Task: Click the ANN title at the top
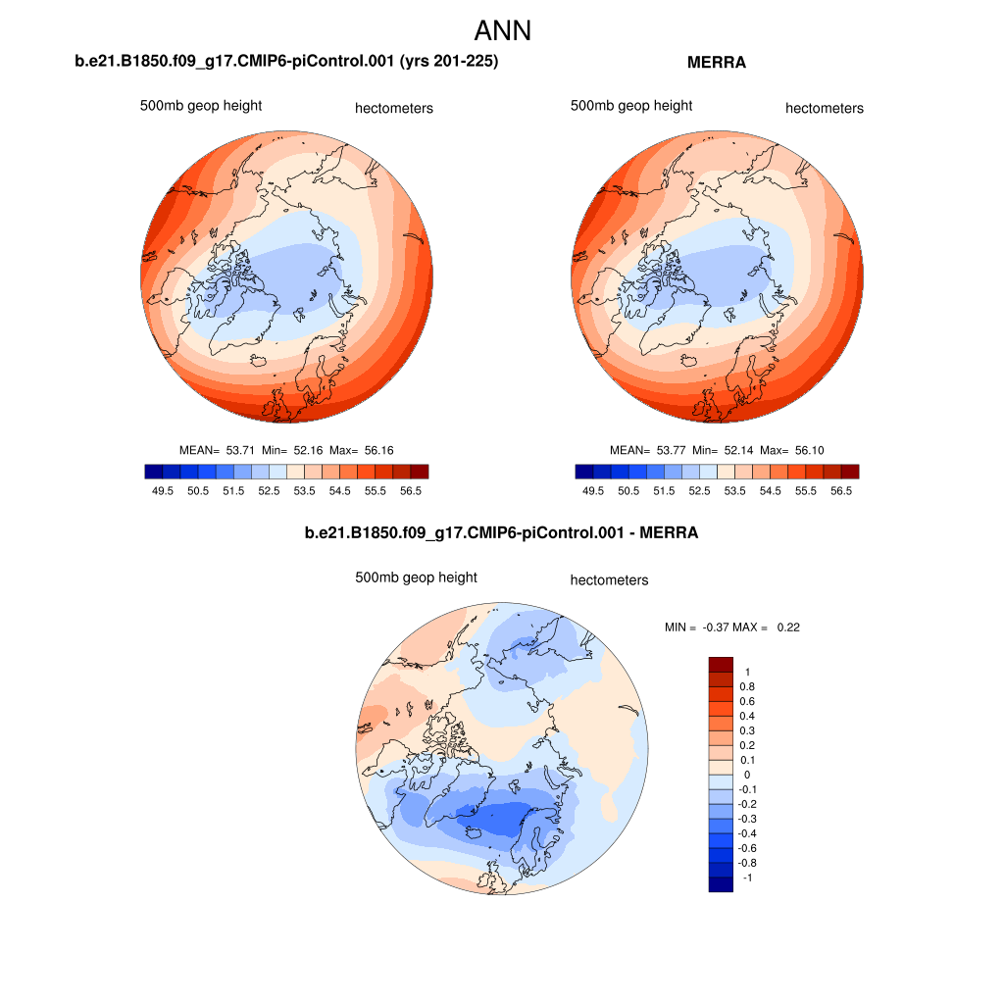click(x=502, y=30)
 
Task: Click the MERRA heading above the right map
click(x=717, y=63)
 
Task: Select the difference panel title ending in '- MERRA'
click(x=502, y=533)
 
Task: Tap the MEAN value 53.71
click(x=240, y=450)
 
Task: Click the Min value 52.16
click(x=309, y=450)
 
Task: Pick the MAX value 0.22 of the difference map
click(x=788, y=627)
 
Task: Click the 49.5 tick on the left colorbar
click(x=162, y=490)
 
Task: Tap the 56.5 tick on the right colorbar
click(x=841, y=490)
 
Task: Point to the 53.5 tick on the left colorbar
click(x=305, y=490)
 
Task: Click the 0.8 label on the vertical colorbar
click(x=748, y=686)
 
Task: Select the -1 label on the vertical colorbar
click(x=748, y=878)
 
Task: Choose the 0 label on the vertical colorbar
click(x=746, y=775)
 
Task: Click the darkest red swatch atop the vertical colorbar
click(x=721, y=664)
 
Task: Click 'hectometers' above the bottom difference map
click(x=609, y=580)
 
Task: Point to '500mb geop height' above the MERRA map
click(x=631, y=106)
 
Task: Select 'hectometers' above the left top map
click(x=393, y=109)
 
